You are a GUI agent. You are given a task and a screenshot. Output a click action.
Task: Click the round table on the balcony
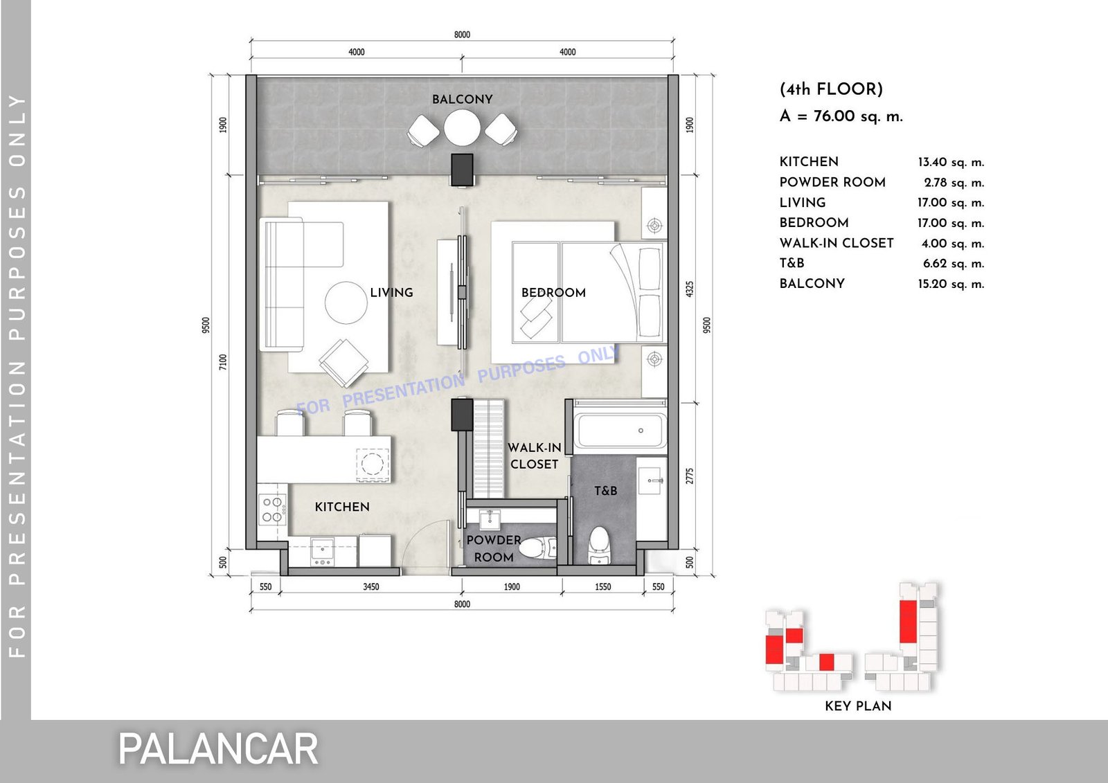(x=462, y=127)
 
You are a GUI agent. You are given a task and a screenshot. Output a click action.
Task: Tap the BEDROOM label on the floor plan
(x=553, y=292)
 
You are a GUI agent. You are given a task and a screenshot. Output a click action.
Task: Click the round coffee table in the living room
(x=346, y=303)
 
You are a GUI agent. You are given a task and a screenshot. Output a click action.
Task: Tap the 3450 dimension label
(x=371, y=586)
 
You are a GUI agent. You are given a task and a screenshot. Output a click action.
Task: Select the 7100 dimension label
(x=223, y=362)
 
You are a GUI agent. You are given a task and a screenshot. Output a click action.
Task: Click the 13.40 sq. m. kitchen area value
(x=951, y=162)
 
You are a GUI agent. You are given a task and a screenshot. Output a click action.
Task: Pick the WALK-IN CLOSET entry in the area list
(x=837, y=244)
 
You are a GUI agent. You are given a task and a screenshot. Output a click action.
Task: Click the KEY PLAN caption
(x=858, y=706)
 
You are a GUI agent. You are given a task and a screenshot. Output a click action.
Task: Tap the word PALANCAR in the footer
(x=218, y=749)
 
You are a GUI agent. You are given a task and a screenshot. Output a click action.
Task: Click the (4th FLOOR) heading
(x=831, y=89)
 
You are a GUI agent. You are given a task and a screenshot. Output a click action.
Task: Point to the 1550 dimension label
(x=603, y=586)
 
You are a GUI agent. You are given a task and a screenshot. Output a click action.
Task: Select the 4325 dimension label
(x=690, y=289)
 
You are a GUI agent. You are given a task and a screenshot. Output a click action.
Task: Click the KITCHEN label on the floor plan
(x=342, y=507)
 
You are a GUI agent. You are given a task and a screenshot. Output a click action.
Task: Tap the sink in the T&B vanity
(x=650, y=480)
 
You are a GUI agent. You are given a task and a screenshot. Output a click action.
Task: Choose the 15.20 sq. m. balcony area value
(x=951, y=284)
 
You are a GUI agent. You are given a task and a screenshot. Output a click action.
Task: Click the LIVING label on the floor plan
(x=392, y=292)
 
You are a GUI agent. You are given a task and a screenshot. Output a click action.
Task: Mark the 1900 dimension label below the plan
(x=512, y=586)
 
